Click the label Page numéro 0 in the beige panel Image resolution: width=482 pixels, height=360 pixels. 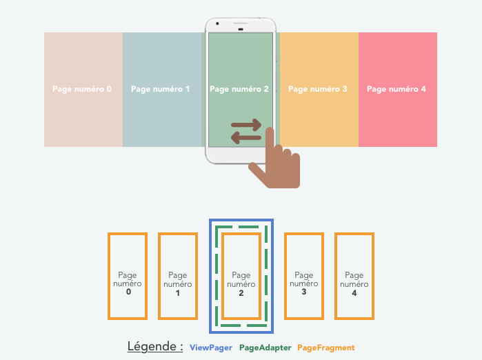click(x=82, y=89)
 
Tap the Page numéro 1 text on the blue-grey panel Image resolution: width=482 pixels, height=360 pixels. click(x=161, y=89)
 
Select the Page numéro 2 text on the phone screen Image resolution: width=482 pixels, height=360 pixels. click(x=239, y=89)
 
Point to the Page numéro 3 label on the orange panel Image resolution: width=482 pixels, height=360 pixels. click(x=318, y=89)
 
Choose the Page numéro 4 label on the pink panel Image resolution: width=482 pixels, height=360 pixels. click(x=396, y=89)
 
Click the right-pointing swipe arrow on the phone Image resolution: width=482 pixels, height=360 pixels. click(x=246, y=126)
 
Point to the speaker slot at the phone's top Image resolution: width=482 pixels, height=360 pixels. click(x=241, y=26)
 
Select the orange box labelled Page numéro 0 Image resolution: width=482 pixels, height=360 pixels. click(x=128, y=276)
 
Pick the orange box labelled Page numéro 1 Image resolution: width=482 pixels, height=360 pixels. click(x=178, y=276)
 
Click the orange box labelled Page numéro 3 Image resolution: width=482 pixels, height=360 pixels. click(x=304, y=276)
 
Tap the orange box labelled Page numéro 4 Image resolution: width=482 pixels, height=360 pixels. click(x=354, y=276)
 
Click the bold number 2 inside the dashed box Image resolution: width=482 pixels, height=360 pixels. click(x=241, y=292)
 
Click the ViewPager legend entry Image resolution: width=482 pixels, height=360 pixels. click(x=211, y=348)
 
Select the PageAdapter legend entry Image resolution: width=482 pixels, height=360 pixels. click(x=265, y=348)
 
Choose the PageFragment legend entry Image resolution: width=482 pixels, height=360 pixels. click(x=326, y=348)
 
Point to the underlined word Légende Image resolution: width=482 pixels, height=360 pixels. click(x=155, y=346)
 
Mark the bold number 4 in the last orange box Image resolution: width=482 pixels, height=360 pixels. click(x=354, y=292)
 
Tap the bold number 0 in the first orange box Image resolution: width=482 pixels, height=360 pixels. click(x=128, y=292)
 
